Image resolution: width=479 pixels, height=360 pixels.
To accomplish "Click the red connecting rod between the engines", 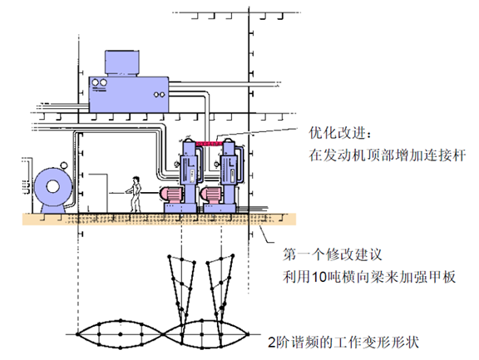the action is tap(209, 143).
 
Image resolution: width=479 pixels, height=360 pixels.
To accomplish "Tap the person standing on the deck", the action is tap(135, 195).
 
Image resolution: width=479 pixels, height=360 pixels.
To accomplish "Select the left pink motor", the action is tap(171, 195).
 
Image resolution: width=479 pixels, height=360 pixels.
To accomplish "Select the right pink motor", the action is tap(210, 195).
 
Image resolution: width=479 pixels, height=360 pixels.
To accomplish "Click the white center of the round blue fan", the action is tap(53, 186).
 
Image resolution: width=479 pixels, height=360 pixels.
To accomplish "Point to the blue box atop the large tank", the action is tap(122, 63).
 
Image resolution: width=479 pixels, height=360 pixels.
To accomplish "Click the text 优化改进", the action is tap(338, 133).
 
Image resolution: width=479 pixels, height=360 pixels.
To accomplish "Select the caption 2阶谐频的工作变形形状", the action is tap(343, 342).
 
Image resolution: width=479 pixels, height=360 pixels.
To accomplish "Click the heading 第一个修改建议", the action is tap(333, 254).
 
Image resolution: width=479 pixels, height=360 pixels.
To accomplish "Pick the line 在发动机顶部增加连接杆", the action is tap(388, 155).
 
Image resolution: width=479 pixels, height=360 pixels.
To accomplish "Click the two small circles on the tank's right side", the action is tap(159, 95).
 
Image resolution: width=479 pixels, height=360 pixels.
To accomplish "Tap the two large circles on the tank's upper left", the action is tap(100, 83).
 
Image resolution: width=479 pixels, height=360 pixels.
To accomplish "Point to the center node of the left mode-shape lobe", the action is tap(121, 334).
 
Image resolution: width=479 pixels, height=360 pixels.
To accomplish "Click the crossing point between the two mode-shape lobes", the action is tap(164, 334).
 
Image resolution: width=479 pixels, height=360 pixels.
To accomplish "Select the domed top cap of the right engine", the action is tap(229, 141).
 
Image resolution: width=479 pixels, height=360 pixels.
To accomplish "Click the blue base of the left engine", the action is tap(180, 208).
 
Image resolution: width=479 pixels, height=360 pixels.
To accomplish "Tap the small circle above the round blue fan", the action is tap(63, 165).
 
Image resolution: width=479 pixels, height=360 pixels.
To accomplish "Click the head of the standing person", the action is tap(136, 180).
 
